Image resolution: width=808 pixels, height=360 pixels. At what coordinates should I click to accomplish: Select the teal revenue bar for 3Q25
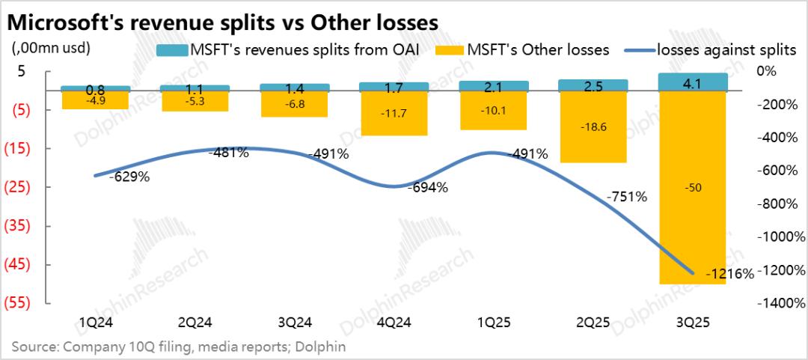point(692,82)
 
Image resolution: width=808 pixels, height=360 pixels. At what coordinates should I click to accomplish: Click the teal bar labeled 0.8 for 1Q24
point(95,88)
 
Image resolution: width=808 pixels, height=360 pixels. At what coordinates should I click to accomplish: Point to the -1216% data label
point(729,275)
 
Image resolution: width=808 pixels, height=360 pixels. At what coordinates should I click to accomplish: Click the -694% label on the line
point(428,188)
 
